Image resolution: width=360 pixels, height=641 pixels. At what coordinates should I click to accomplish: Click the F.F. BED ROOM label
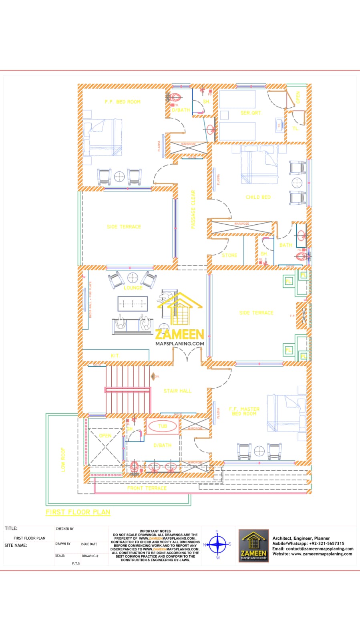(123, 102)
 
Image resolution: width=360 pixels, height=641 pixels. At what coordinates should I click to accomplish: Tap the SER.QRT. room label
(251, 113)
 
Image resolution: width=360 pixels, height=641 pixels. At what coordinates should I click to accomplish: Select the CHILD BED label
(258, 197)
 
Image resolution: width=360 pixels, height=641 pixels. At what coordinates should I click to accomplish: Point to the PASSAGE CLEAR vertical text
(193, 209)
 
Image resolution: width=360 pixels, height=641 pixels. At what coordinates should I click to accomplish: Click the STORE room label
(229, 255)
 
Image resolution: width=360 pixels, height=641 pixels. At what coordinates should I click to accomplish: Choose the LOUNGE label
(133, 288)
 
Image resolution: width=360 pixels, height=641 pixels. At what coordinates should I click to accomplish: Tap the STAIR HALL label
(177, 391)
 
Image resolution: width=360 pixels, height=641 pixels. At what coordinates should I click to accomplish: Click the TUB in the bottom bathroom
(162, 426)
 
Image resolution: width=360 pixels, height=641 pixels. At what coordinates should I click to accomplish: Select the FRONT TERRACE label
(147, 488)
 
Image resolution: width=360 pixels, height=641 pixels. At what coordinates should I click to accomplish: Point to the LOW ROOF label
(63, 460)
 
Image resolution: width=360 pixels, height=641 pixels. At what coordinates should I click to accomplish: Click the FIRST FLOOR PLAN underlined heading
(78, 512)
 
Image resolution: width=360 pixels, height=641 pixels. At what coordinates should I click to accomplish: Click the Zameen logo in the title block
(253, 545)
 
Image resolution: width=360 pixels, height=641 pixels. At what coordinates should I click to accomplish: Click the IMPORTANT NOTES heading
(155, 531)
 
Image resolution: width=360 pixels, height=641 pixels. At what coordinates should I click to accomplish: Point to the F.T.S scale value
(76, 563)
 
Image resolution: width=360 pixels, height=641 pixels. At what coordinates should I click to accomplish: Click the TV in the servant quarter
(280, 125)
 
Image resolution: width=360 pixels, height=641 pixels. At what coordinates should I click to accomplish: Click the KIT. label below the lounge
(115, 356)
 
